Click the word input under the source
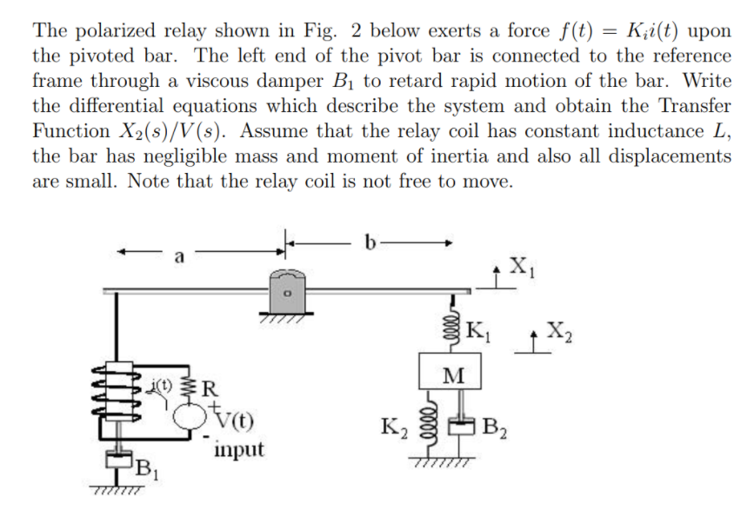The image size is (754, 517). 237,450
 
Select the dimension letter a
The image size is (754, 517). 180,257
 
